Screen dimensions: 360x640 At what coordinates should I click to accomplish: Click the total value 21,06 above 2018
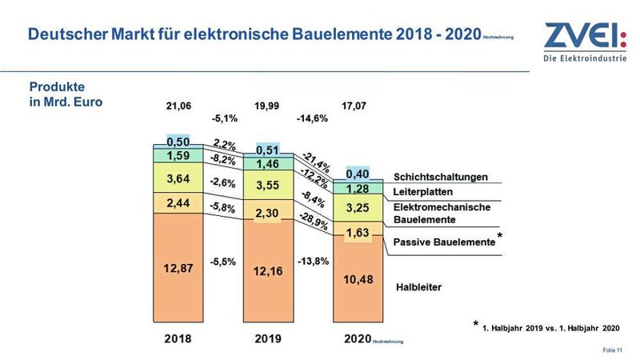pos(180,106)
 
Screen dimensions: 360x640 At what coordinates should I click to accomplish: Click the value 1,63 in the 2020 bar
pos(358,234)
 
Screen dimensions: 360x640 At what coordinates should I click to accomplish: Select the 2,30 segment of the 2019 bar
pos(268,214)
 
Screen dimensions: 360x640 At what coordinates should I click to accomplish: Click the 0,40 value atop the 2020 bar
pos(358,174)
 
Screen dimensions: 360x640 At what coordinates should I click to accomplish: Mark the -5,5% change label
pos(223,262)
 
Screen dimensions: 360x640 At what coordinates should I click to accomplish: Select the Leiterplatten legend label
pos(424,193)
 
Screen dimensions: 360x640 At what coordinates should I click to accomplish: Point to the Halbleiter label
pos(418,286)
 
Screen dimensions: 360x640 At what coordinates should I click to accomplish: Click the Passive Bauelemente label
pos(444,241)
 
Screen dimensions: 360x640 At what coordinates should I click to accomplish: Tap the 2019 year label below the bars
pos(268,339)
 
